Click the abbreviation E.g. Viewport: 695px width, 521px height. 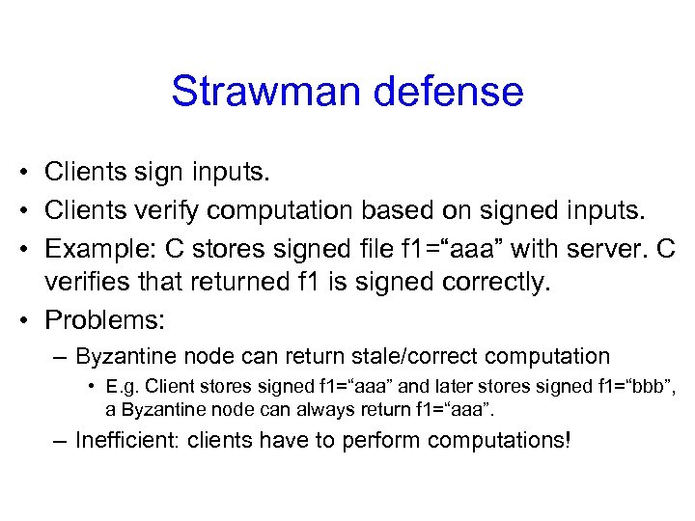123,388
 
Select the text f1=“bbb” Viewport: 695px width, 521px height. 632,388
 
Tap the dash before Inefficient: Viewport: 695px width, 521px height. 60,441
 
